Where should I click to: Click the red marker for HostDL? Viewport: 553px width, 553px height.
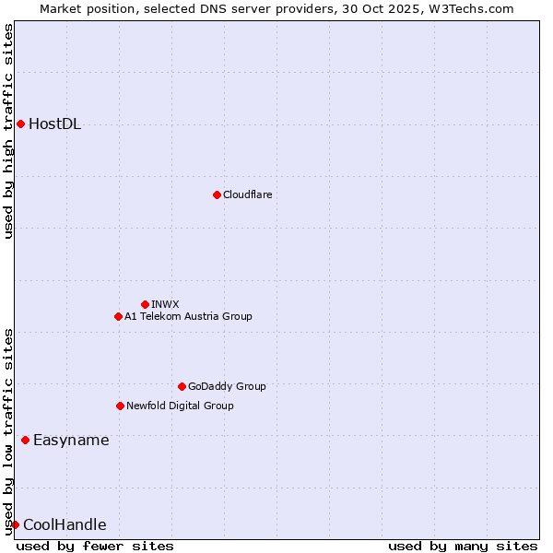point(20,124)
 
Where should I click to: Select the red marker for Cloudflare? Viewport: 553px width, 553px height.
point(217,194)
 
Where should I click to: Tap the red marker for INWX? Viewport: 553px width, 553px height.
point(145,304)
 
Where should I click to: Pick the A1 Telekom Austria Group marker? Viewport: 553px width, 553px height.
point(118,316)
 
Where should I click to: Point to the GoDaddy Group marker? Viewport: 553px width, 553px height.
point(182,386)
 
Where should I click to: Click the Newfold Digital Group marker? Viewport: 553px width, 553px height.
point(120,406)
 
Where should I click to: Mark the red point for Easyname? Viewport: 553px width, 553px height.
point(25,440)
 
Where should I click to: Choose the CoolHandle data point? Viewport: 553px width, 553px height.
point(15,524)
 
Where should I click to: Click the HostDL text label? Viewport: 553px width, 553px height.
point(54,124)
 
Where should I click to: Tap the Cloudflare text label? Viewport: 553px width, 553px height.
point(247,194)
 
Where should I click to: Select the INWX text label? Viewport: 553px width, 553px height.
point(165,304)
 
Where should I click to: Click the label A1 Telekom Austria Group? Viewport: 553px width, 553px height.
point(188,316)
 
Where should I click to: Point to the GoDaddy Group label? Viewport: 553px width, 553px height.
point(227,386)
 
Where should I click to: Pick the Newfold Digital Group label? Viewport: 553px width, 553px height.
point(180,406)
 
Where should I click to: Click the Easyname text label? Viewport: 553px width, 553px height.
point(71,440)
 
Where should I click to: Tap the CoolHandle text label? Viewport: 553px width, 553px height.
point(65,525)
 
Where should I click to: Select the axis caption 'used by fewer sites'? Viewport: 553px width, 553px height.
point(95,546)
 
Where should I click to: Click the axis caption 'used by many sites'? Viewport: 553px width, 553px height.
point(463,546)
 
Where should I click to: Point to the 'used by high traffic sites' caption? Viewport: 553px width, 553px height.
point(8,131)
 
